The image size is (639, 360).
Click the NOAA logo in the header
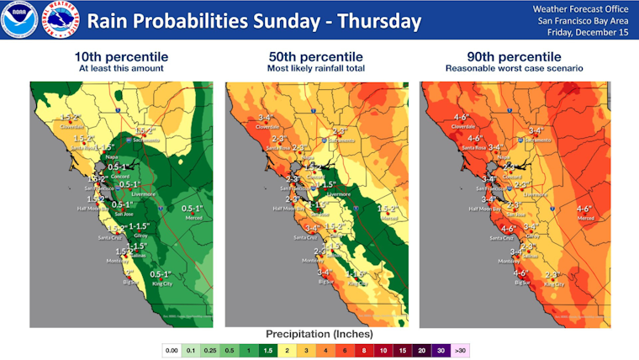coord(18,19)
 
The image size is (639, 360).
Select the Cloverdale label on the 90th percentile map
coord(463,127)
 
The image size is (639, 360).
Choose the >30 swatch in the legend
coord(459,348)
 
